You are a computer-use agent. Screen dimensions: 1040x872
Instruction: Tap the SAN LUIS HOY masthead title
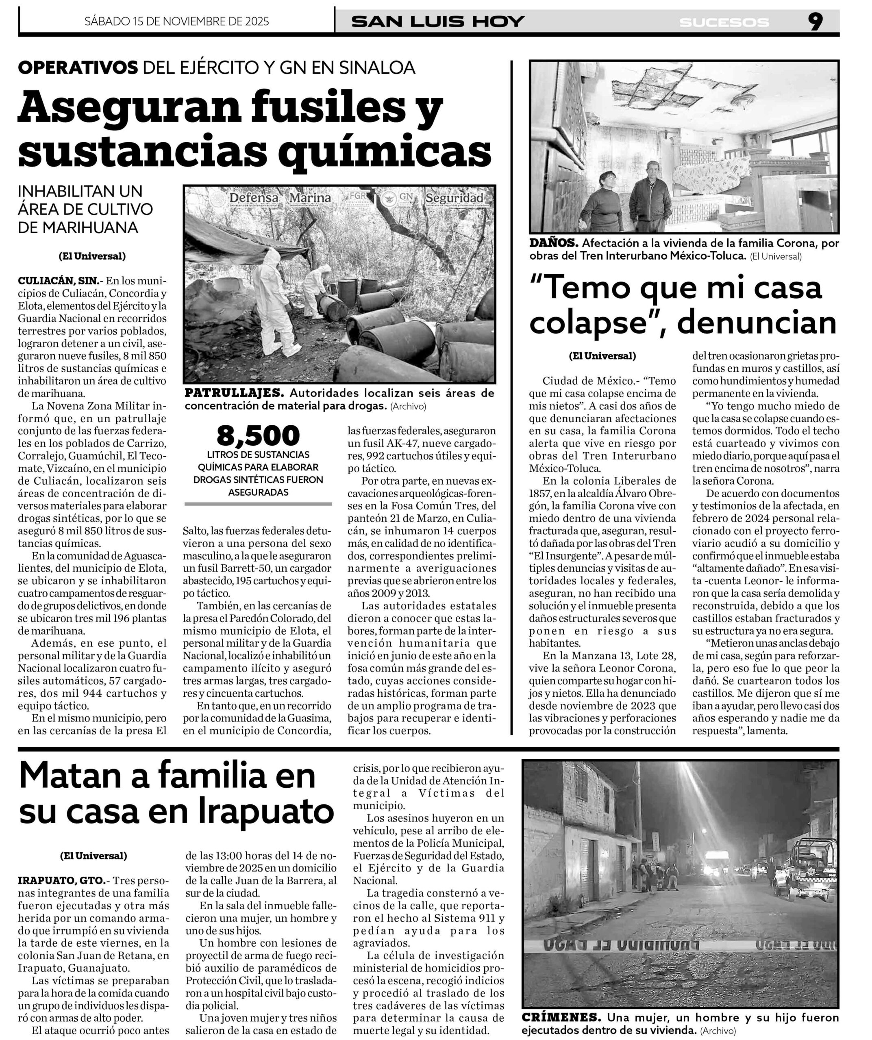[438, 21]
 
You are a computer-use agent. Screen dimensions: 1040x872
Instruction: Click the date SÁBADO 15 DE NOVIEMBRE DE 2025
[177, 21]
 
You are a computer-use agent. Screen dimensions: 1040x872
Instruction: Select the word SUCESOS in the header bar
[724, 22]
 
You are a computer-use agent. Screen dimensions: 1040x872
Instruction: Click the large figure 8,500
[258, 436]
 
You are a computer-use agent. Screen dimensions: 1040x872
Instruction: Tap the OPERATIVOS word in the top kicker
[78, 68]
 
